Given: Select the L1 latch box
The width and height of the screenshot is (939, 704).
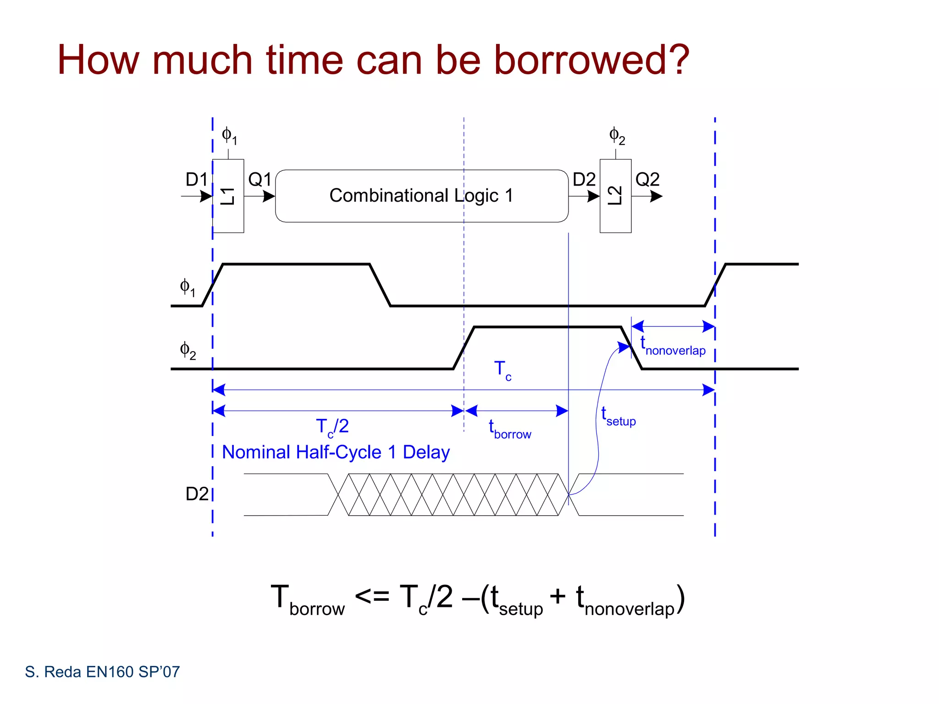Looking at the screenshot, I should (228, 196).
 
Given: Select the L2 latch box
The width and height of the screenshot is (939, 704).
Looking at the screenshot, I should (615, 196).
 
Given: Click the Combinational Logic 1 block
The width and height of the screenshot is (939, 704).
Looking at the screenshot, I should (421, 196).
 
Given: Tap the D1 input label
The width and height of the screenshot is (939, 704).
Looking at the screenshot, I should (196, 179).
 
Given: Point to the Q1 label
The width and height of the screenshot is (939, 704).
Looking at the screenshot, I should (260, 179).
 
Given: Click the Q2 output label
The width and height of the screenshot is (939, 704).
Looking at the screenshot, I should (647, 179).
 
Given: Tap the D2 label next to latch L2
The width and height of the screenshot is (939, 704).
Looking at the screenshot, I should (584, 179).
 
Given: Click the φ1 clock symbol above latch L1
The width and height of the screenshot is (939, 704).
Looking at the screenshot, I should (229, 136).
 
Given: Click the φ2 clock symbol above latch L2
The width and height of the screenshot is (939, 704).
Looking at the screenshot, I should (617, 136).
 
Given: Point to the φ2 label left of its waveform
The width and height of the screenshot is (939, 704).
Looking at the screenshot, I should (188, 351).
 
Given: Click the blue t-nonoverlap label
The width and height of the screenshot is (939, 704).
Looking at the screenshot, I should (673, 346).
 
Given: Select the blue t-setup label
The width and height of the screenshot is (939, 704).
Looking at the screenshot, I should (618, 417).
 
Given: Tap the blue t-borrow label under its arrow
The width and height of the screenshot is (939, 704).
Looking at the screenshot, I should (509, 430).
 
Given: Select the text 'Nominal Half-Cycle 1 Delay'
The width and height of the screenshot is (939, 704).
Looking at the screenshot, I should (336, 452).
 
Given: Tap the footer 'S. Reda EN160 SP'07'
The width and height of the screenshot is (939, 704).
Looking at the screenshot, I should (102, 672).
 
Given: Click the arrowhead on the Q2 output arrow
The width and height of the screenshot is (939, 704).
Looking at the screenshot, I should (657, 197).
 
